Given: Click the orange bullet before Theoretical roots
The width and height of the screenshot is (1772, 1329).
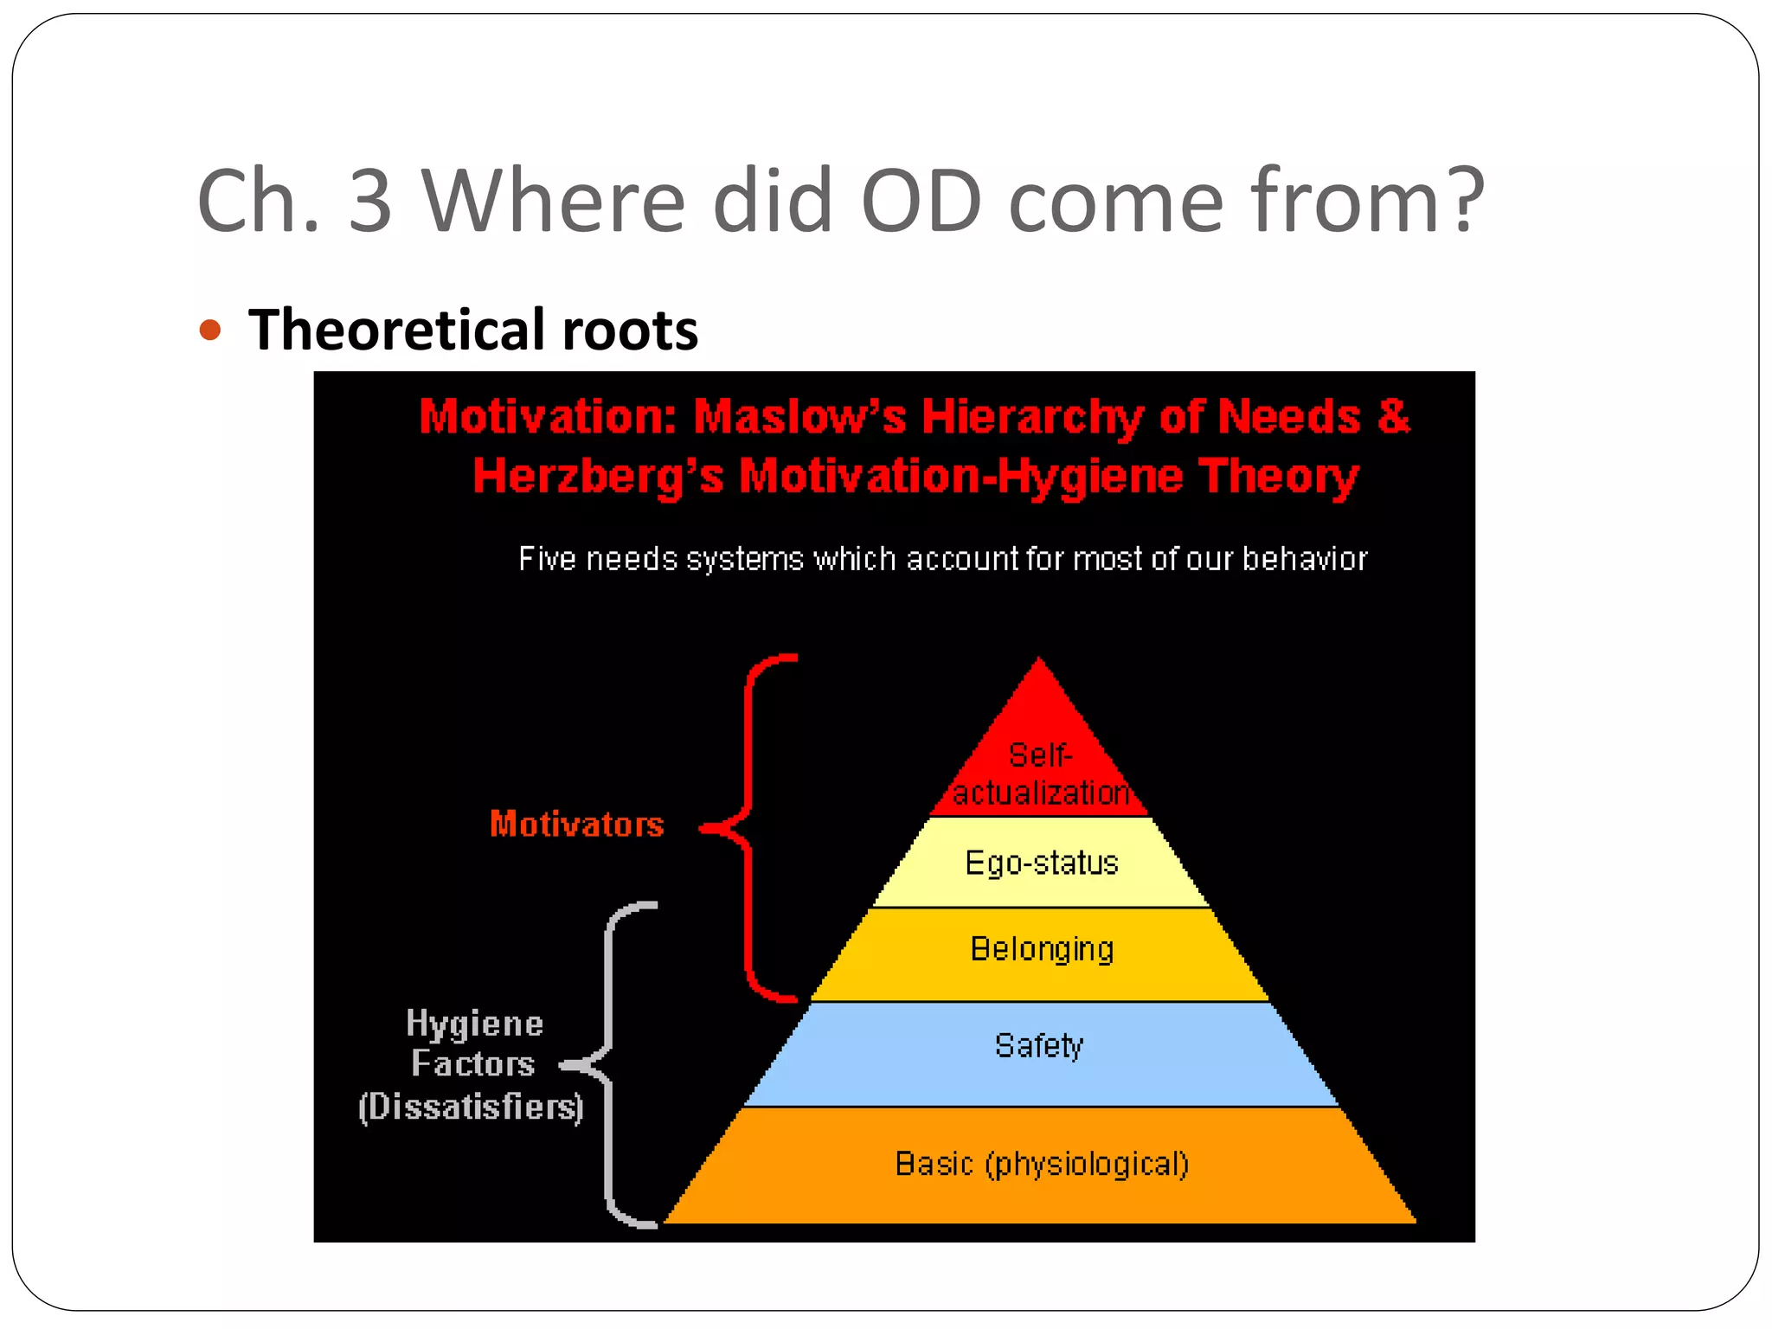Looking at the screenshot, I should click(210, 330).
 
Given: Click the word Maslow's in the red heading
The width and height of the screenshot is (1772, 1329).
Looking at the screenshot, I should click(799, 416).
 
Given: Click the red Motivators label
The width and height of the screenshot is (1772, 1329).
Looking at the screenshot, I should click(577, 824).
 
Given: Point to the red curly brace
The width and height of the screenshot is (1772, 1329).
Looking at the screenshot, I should click(747, 827).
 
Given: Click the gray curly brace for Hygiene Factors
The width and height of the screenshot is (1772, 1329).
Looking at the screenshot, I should click(607, 1064).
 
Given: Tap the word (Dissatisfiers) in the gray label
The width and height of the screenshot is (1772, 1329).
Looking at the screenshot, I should click(471, 1107).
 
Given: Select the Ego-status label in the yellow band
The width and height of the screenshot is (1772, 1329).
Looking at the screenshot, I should click(1042, 863).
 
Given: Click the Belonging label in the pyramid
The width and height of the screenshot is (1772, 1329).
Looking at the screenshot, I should click(1042, 949).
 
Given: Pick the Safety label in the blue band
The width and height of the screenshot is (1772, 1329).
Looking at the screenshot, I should click(1039, 1046).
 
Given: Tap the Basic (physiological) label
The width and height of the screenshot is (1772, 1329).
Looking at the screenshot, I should click(1042, 1164).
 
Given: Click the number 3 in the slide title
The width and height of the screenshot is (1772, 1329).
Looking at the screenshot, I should click(371, 201).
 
